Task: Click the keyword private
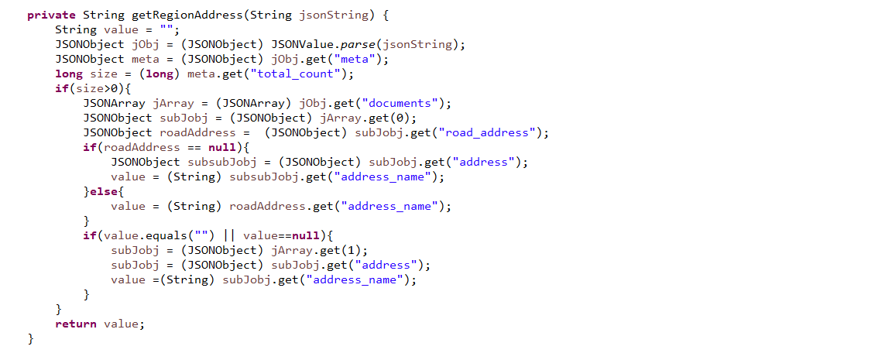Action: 51,15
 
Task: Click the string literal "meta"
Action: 358,59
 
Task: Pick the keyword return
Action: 75,324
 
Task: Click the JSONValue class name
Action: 300,44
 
